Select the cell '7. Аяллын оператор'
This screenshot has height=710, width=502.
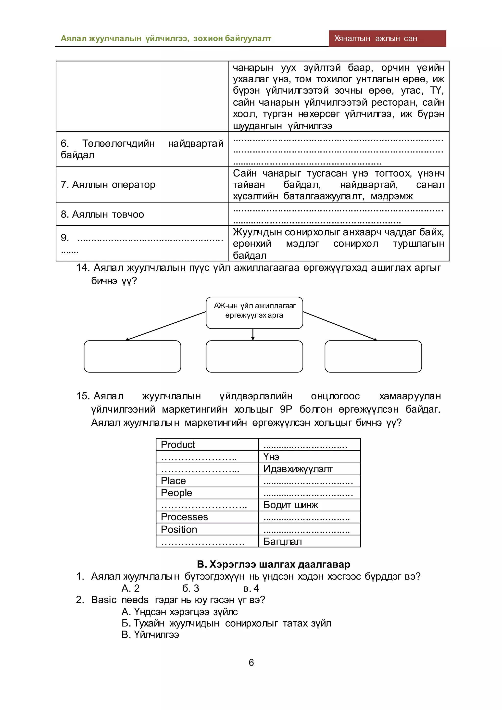coord(142,185)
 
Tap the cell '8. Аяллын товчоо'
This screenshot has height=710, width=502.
coord(142,214)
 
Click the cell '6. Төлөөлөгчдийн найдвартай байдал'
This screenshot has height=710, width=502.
coord(142,149)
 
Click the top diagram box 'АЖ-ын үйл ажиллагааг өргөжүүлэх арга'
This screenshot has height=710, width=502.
coord(254,313)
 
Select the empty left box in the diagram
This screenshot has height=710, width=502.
coord(132,356)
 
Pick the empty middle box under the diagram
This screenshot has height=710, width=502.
coord(254,356)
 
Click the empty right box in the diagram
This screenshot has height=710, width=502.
coord(373,356)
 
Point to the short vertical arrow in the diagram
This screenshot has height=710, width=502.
coord(253,334)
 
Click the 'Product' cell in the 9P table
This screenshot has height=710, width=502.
coord(207,444)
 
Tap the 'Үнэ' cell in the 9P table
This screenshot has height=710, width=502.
coord(309,456)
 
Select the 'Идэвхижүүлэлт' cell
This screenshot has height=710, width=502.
coord(309,469)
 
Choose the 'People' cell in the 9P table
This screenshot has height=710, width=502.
coord(207,493)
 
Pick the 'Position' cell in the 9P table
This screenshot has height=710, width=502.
coord(207,529)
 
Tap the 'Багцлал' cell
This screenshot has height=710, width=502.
coord(309,541)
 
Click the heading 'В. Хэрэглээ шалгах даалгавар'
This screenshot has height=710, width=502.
coord(273,564)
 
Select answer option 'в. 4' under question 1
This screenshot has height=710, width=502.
coord(251,588)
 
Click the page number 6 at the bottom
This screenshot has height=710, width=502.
coord(251,662)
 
